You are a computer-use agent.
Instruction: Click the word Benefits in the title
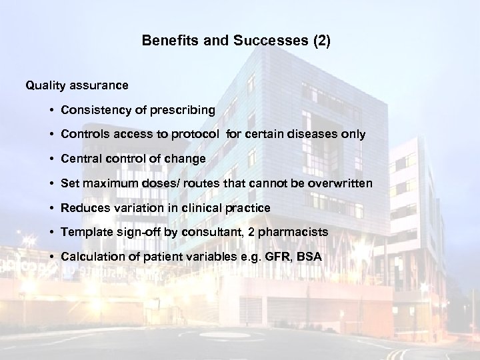click(167, 41)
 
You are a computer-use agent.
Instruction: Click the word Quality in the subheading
click(45, 85)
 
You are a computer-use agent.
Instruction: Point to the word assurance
click(99, 85)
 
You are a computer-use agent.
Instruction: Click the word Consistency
click(92, 109)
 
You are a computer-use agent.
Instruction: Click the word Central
click(80, 159)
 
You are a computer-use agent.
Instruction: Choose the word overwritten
click(333, 183)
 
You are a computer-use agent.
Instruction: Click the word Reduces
click(83, 208)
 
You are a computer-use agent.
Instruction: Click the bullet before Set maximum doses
click(51, 183)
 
